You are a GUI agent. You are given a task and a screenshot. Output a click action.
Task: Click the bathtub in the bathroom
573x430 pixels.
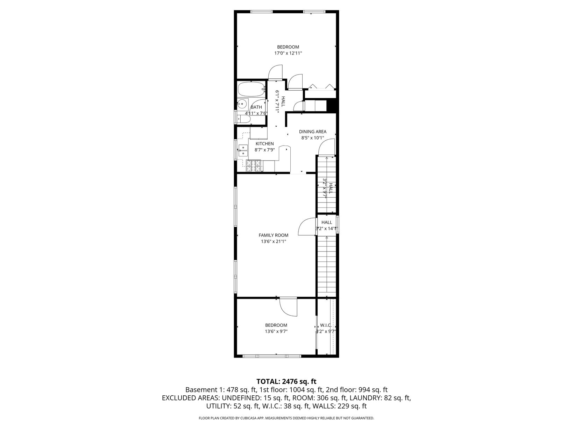[x=252, y=90]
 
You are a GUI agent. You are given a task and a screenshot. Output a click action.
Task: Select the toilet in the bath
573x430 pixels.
[x=244, y=119]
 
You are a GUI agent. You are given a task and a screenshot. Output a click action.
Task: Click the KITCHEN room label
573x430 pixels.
[x=265, y=143]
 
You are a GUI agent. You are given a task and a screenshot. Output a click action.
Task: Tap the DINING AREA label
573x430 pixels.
[x=312, y=132]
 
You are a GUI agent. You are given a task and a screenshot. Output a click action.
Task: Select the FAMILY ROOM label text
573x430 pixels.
[x=273, y=235]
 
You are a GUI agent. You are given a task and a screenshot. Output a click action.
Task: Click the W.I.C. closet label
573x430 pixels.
[x=326, y=325]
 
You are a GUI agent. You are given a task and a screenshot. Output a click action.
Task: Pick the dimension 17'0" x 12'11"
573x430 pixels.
[x=288, y=53]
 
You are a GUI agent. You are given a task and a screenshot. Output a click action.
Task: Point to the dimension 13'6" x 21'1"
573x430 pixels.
[x=273, y=241]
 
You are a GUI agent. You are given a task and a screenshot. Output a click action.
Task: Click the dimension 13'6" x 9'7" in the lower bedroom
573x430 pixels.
[x=276, y=332]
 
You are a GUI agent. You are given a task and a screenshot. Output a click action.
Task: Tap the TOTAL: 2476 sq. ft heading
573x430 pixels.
[x=286, y=381]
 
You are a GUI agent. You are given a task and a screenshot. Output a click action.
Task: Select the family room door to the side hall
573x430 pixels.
[x=307, y=227]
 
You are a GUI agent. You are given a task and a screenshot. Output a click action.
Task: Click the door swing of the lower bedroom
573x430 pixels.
[x=288, y=307]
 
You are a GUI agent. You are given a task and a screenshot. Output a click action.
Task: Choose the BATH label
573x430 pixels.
[x=256, y=107]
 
